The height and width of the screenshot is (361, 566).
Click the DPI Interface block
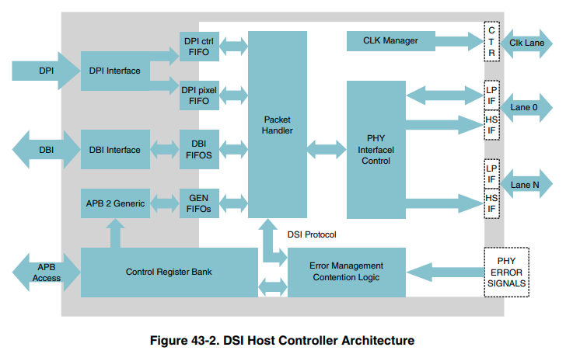coord(115,71)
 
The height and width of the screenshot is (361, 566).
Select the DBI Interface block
coord(115,150)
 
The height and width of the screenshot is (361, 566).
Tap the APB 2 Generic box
coord(115,203)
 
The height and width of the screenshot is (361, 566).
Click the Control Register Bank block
coord(169,272)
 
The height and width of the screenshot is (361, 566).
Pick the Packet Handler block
coord(278,124)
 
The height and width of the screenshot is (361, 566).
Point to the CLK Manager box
coord(390,40)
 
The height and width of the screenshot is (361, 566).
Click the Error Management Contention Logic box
coord(347,272)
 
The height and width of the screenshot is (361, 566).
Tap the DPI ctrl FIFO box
coord(200,47)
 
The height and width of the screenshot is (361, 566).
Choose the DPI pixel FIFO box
coord(200,95)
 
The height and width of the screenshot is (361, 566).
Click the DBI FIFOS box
coord(200,150)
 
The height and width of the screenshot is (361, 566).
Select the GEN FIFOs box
coord(200,203)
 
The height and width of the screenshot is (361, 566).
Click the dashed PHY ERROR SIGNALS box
coord(506,272)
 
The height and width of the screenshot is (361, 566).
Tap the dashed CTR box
coord(491,41)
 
